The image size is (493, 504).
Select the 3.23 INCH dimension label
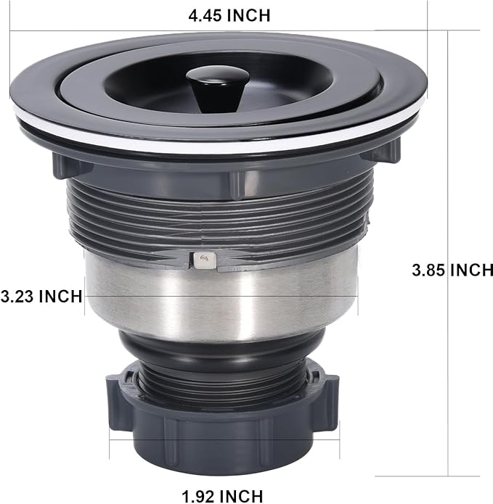point(41,296)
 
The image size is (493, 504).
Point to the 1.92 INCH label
point(222,496)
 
